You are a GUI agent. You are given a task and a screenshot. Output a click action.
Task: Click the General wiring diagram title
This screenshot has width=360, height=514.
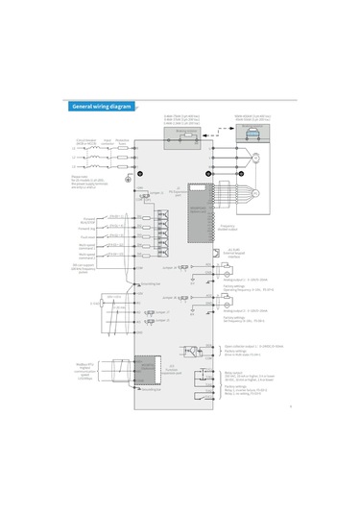[x=99, y=106]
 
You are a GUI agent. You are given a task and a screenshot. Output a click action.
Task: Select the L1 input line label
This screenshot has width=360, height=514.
[x=74, y=149]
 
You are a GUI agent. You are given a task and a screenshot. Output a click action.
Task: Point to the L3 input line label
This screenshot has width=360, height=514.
[x=74, y=169]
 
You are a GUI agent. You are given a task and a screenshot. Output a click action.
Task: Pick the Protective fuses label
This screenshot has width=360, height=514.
[x=123, y=141]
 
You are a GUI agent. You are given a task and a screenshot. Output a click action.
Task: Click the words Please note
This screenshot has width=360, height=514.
[x=80, y=177]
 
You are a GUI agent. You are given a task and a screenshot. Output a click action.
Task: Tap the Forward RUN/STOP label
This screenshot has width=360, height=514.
[x=88, y=219]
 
